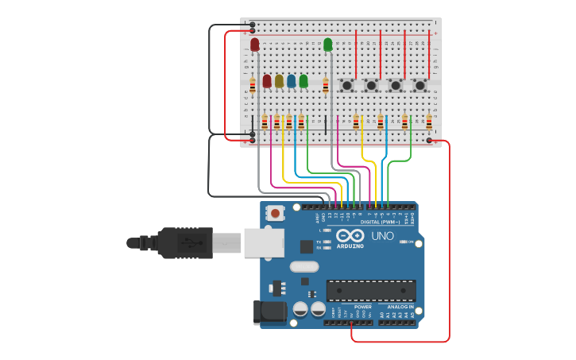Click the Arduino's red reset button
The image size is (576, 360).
click(x=275, y=213)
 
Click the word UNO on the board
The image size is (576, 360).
click(x=383, y=236)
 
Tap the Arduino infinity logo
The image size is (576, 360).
click(x=350, y=236)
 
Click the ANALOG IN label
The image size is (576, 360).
click(x=400, y=307)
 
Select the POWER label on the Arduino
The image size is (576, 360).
click(x=362, y=307)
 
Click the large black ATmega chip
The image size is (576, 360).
click(x=370, y=291)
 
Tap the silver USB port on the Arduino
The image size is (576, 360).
click(x=264, y=243)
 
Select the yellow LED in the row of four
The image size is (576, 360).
click(x=279, y=81)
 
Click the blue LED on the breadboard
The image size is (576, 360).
click(x=291, y=81)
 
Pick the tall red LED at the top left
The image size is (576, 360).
click(x=254, y=45)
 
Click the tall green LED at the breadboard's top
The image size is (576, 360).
click(x=327, y=45)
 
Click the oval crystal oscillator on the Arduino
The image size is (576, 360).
click(x=303, y=267)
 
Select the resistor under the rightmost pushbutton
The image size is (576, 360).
click(x=428, y=122)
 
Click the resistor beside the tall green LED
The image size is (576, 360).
click(x=325, y=87)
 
